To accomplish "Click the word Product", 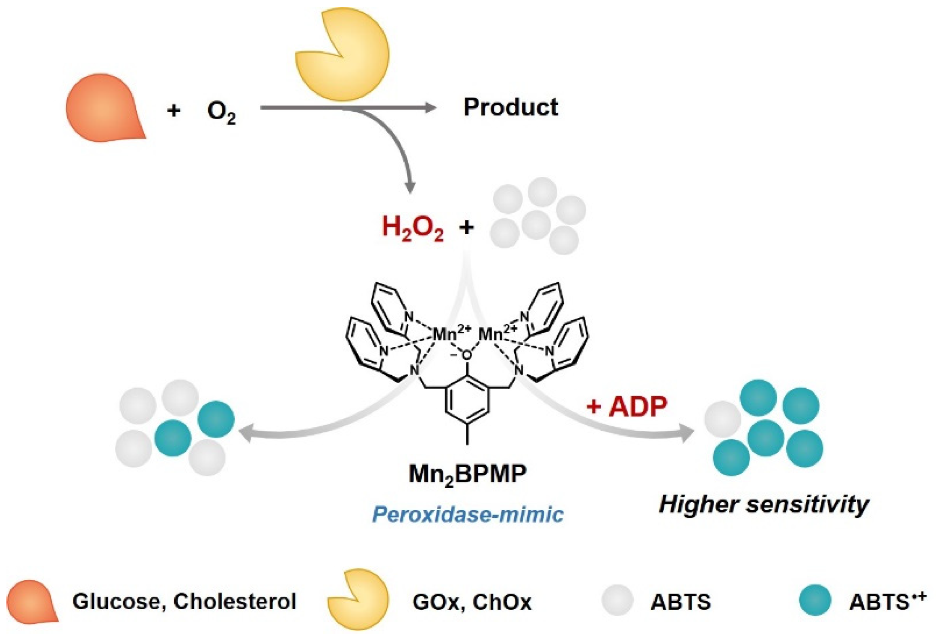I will tap(510, 107).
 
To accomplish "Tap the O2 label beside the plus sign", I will tap(221, 112).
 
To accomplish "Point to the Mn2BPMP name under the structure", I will tap(468, 474).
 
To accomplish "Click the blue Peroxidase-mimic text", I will tap(468, 514).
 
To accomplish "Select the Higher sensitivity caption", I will tap(763, 504).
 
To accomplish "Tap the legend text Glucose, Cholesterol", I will tap(184, 601).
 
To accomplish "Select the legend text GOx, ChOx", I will tap(472, 602).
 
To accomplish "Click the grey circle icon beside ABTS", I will tap(617, 600).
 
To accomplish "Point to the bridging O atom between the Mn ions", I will tap(467, 355).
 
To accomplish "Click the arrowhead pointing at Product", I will tap(430, 107).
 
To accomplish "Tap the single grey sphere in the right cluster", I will tap(722, 419).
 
